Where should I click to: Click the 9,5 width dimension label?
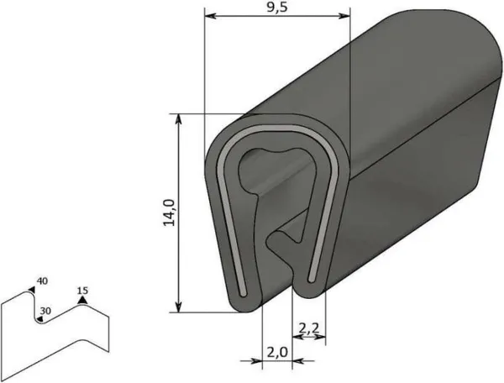(x=276, y=8)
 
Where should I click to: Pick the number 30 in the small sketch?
(x=45, y=310)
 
